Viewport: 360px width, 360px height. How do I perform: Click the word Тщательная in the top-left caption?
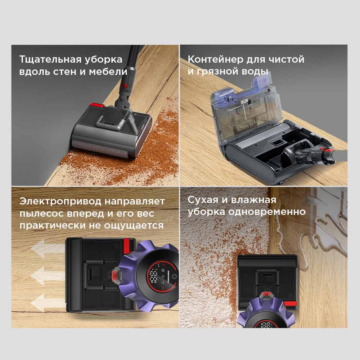point(50,59)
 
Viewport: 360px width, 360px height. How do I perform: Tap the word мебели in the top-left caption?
point(108,71)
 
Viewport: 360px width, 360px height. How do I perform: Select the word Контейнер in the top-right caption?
point(216,59)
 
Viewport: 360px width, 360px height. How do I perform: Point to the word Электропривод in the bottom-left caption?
point(60,201)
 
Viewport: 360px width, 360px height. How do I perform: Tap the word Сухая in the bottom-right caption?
point(202,200)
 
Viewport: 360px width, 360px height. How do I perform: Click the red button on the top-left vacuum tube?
point(125,86)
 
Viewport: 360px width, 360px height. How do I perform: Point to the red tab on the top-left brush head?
point(96,105)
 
